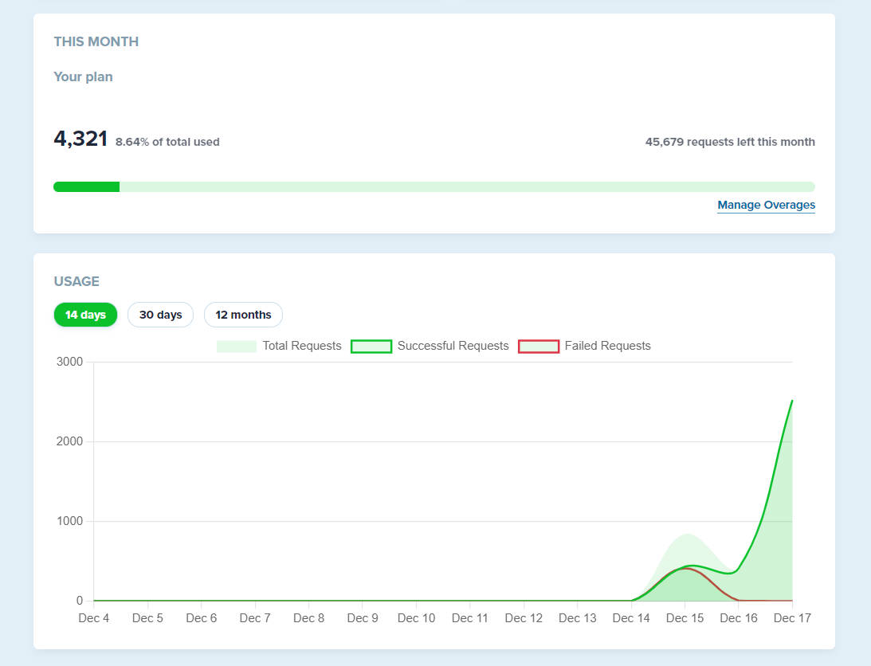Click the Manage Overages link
(766, 205)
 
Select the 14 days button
(85, 315)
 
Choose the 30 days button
(160, 315)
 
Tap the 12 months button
(243, 315)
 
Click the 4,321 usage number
(80, 139)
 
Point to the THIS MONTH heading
(96, 41)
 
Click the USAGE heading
(77, 282)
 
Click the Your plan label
(84, 76)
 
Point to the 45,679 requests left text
(730, 142)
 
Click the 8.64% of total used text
(167, 142)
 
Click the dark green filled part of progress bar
(87, 186)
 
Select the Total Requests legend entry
(279, 346)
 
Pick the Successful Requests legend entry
(430, 346)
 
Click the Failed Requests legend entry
(584, 346)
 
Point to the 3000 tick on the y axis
(69, 362)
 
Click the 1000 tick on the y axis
(69, 521)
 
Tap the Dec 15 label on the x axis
(685, 618)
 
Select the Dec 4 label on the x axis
(94, 618)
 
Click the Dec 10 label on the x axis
(417, 618)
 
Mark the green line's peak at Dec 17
(792, 400)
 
